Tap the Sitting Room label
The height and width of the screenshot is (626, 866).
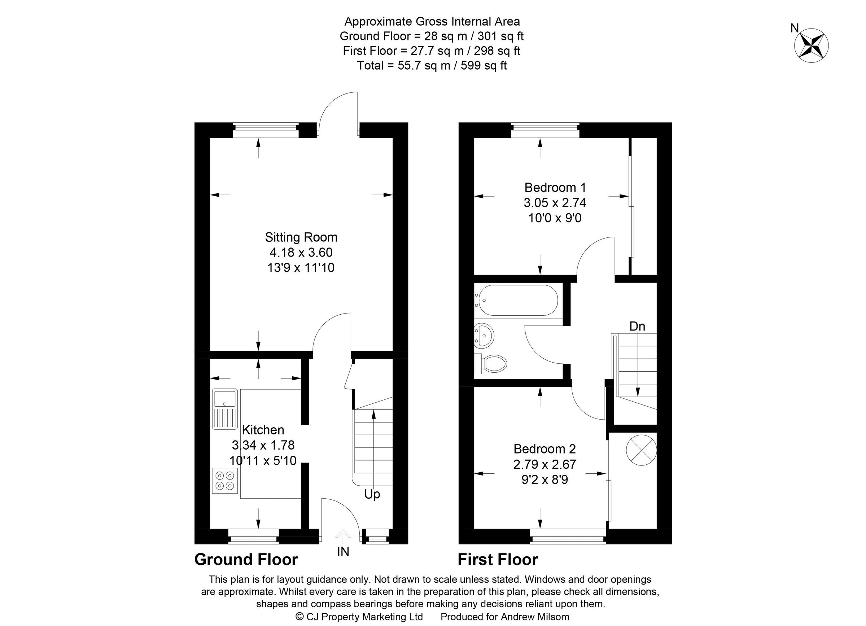(301, 237)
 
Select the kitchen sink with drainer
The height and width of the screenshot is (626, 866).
(224, 409)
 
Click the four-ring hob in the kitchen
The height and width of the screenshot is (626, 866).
(224, 481)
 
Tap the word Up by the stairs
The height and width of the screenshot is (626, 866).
(372, 494)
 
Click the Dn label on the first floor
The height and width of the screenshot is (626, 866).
(637, 327)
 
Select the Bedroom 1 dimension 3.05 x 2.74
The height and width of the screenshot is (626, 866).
(555, 203)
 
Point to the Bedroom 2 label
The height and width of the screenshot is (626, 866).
(544, 449)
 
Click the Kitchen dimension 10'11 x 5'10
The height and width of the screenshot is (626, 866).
(263, 461)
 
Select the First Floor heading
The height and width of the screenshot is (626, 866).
(498, 560)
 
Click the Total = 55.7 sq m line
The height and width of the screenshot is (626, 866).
(432, 66)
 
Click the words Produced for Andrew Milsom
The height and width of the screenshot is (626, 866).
(504, 617)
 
